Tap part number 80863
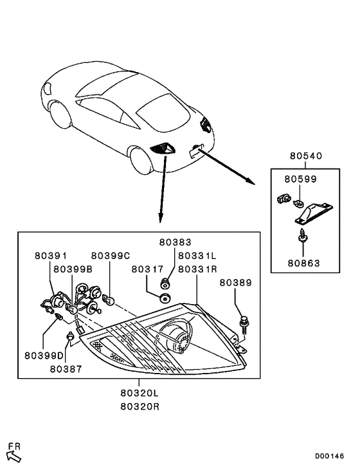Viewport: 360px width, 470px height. pos(304,262)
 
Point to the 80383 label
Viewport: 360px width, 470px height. pos(175,243)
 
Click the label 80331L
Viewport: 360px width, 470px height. pos(199,256)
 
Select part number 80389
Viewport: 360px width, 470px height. pos(236,282)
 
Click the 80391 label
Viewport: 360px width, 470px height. pos(51,256)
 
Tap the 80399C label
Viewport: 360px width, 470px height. pos(110,256)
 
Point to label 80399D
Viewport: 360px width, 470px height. pos(44,356)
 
